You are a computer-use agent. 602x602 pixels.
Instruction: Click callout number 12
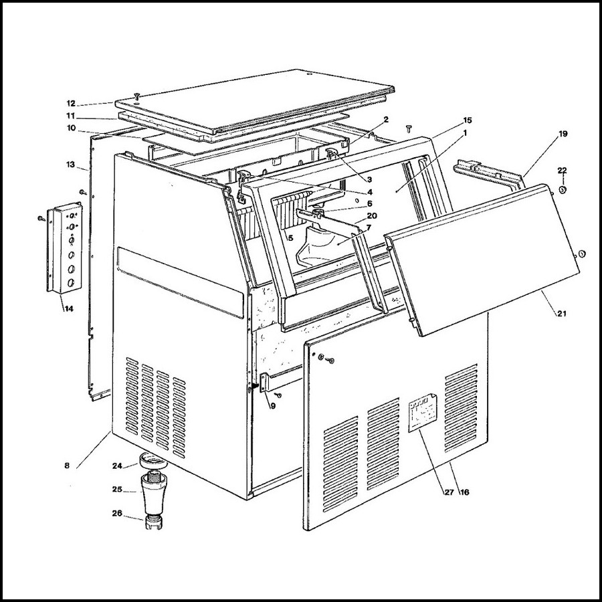pos(71,103)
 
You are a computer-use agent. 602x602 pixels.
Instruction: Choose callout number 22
pos(563,170)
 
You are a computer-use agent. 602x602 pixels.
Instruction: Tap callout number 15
pos(467,120)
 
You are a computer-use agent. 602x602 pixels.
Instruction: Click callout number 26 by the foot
pos(118,514)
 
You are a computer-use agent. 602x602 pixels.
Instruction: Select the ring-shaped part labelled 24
pos(151,462)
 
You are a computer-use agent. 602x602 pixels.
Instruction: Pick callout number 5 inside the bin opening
pos(290,237)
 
